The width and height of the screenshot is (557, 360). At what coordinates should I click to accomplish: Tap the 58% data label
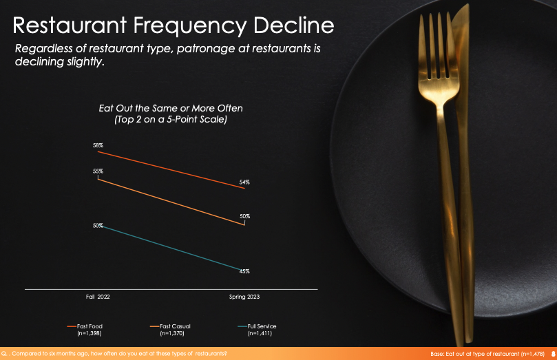(98, 145)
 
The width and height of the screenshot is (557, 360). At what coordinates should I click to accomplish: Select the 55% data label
(98, 171)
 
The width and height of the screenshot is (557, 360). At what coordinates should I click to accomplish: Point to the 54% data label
(244, 182)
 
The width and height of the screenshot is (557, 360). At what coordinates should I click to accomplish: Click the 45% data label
(244, 271)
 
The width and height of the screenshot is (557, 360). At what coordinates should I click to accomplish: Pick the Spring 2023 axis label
(244, 297)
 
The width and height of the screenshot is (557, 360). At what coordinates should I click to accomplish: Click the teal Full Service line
(172, 248)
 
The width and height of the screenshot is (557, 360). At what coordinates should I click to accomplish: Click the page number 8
(553, 353)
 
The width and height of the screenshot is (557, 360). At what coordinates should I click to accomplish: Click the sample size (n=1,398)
(87, 334)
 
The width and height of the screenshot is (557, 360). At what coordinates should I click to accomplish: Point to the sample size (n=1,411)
(260, 334)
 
